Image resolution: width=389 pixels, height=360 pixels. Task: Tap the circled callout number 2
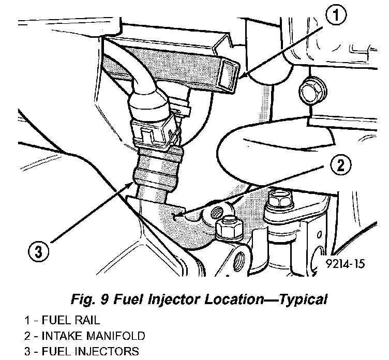pos(339,165)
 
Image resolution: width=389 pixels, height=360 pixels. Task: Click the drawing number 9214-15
pos(346,264)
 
